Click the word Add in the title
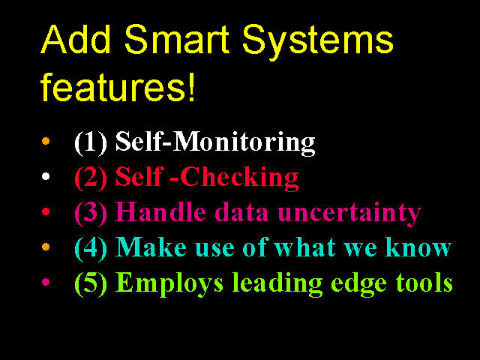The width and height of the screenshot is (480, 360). tap(75, 40)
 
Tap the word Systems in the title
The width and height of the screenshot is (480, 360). tap(318, 43)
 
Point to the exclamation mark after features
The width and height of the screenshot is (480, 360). tap(192, 86)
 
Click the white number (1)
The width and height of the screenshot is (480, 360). tap(91, 142)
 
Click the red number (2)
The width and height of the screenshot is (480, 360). tap(91, 178)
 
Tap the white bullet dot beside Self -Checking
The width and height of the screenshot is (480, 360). tap(46, 176)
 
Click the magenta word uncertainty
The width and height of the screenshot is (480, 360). tap(349, 213)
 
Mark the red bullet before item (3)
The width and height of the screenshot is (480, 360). tap(46, 211)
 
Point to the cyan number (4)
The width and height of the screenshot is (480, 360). tap(91, 248)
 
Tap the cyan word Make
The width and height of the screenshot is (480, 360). tap(151, 247)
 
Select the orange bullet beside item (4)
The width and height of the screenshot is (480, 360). tap(46, 247)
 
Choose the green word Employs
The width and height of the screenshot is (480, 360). tap(169, 284)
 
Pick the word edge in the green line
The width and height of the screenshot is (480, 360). tap(358, 285)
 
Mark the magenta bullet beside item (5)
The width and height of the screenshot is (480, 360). tap(46, 282)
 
